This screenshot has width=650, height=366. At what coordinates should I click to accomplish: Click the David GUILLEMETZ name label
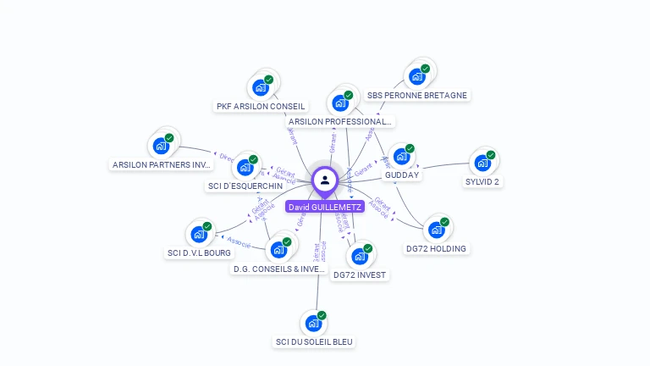tap(325, 207)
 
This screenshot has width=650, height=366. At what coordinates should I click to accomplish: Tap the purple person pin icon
tap(325, 180)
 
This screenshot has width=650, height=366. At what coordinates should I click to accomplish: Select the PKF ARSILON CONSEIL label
tap(261, 107)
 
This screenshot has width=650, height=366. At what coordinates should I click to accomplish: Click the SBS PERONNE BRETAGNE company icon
tap(416, 76)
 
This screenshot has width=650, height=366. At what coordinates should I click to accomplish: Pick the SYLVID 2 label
tap(482, 181)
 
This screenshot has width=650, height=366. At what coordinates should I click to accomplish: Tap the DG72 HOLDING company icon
tap(436, 230)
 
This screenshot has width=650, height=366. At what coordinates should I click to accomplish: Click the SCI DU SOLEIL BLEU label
tap(315, 342)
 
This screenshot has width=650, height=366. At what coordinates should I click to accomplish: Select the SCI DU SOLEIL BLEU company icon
tap(313, 323)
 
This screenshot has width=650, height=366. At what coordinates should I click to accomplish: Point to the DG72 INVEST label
tap(360, 274)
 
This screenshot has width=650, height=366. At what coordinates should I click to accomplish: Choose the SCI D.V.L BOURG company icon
tap(199, 234)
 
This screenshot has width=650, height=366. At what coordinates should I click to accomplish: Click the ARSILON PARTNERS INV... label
tap(162, 165)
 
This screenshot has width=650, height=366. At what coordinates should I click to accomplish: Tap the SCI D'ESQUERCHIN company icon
tap(245, 167)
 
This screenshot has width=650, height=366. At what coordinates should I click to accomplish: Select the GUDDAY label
tap(402, 175)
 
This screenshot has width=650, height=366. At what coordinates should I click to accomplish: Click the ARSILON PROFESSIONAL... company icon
tap(340, 103)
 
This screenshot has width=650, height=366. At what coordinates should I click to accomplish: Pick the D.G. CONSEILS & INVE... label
tap(279, 269)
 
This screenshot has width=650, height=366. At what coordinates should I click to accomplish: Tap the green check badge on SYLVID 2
tap(491, 155)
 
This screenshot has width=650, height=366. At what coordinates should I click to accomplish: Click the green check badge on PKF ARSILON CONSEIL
tap(268, 80)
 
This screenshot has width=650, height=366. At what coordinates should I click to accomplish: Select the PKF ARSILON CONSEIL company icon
tap(260, 87)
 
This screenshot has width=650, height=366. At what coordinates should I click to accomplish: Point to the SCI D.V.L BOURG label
tap(199, 253)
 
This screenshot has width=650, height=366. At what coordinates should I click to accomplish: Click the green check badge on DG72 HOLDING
tap(444, 222)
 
